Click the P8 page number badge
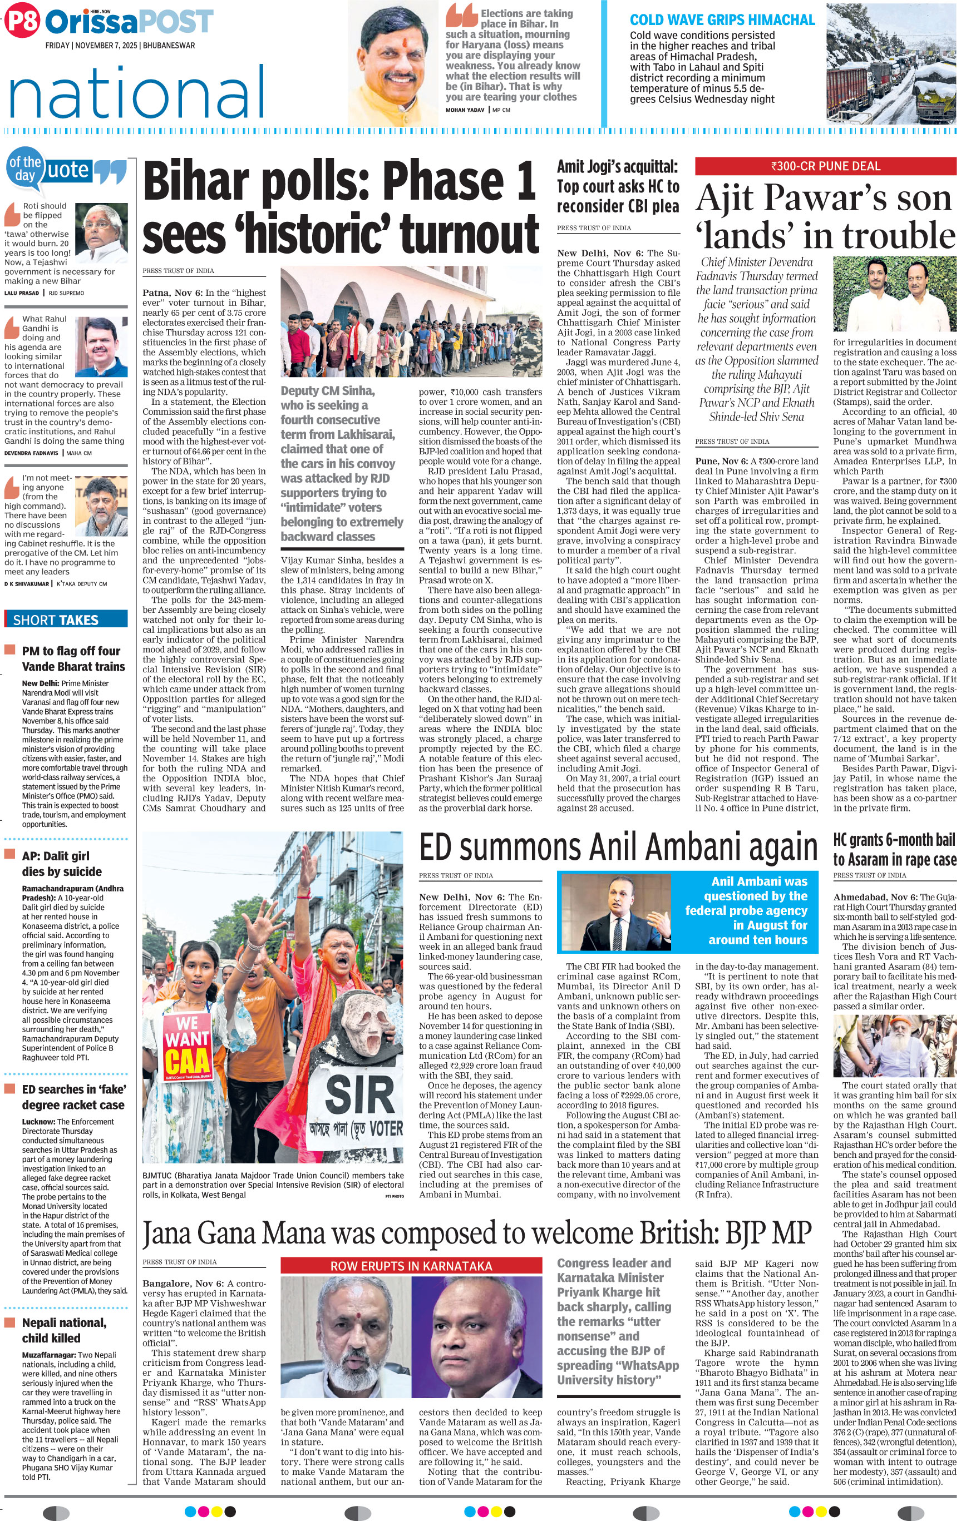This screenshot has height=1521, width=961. click(x=22, y=22)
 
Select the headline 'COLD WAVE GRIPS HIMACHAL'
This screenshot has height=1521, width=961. click(x=722, y=20)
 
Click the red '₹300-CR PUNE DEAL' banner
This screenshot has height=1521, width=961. click(x=825, y=166)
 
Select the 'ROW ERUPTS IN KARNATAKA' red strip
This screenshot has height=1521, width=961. click(x=411, y=1266)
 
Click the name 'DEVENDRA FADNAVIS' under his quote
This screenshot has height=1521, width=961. click(x=31, y=453)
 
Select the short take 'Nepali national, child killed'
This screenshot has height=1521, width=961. click(x=64, y=1330)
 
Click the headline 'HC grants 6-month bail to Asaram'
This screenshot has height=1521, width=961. click(x=894, y=850)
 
